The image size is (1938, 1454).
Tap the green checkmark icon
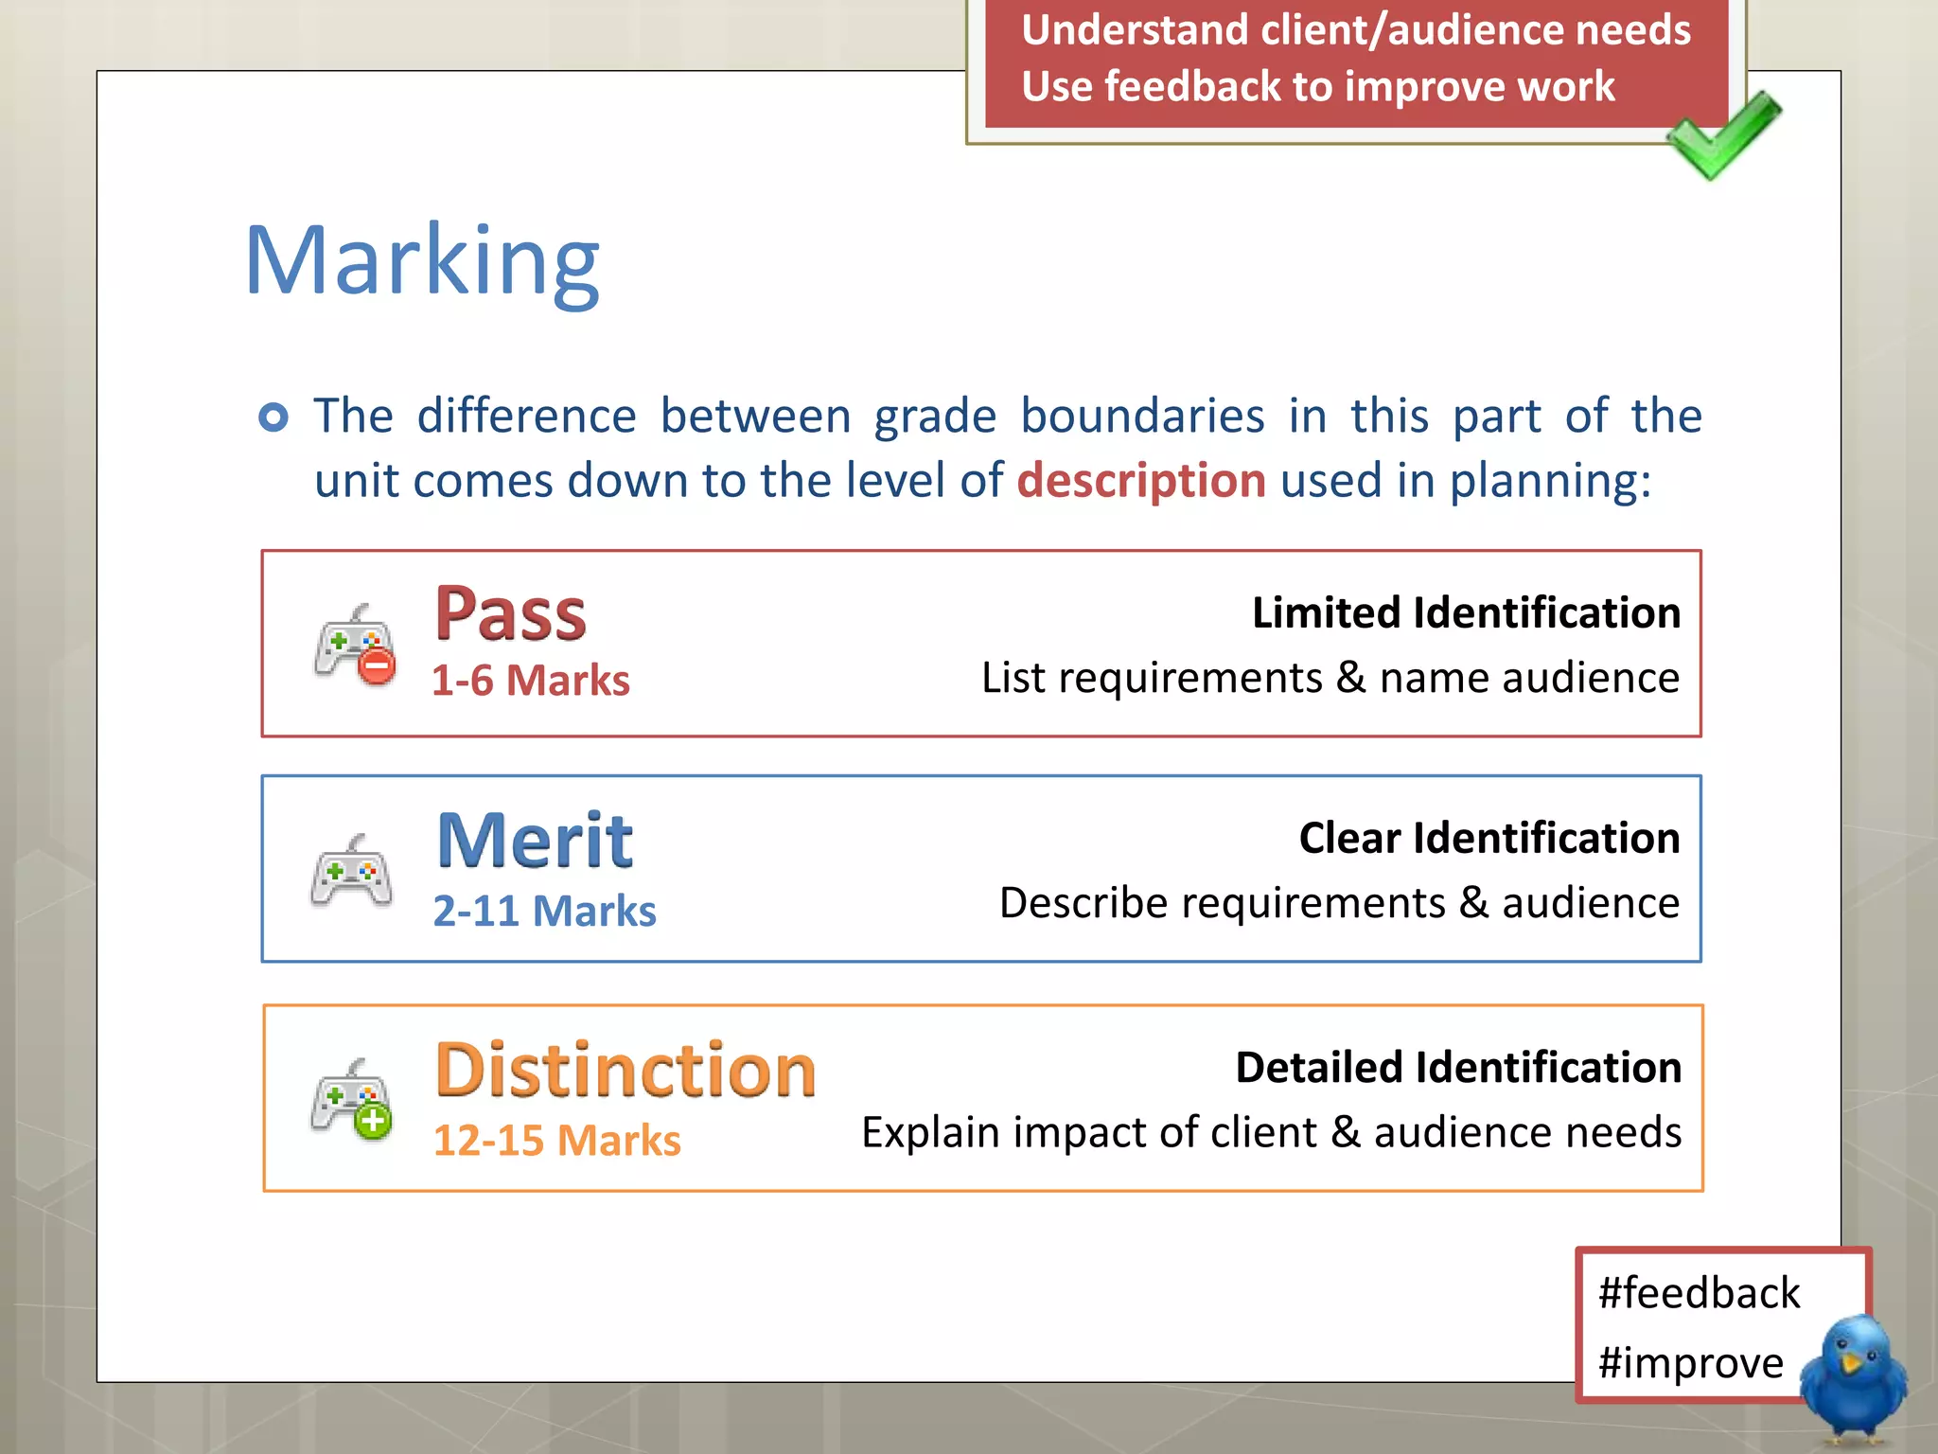[1724, 134]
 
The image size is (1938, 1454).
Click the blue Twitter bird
[1853, 1378]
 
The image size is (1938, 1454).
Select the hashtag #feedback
[1699, 1293]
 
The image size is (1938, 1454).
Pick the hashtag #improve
[1690, 1363]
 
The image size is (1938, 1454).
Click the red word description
[1141, 480]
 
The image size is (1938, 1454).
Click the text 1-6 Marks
[531, 681]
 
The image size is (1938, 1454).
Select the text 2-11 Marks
[544, 911]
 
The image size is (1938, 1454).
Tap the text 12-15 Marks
[556, 1140]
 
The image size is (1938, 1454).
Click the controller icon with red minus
[355, 644]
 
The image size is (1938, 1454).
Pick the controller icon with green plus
[351, 1099]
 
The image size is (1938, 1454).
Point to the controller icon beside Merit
[351, 871]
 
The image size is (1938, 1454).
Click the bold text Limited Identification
[1466, 612]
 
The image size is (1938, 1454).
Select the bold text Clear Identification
[1489, 838]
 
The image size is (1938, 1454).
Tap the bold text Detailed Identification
[1458, 1067]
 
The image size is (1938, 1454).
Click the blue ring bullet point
[273, 417]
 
